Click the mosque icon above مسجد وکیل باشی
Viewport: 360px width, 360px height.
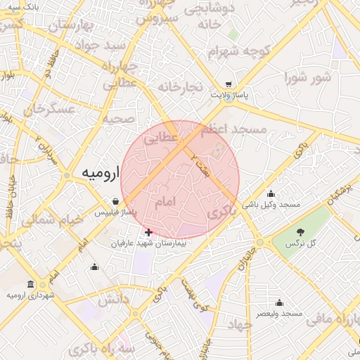click(x=271, y=193)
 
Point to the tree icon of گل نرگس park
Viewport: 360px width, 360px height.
click(x=300, y=231)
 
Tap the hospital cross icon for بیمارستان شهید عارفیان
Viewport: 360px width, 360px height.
click(x=148, y=232)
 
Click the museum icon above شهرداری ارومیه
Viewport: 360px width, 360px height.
click(x=30, y=284)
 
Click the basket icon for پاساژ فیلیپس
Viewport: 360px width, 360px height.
click(x=115, y=200)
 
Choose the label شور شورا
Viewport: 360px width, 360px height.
click(x=308, y=77)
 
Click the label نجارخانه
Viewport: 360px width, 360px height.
click(x=180, y=87)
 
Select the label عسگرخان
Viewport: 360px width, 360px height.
click(x=49, y=110)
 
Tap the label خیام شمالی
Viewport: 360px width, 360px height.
click(x=52, y=219)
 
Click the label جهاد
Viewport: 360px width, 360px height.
click(x=240, y=325)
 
